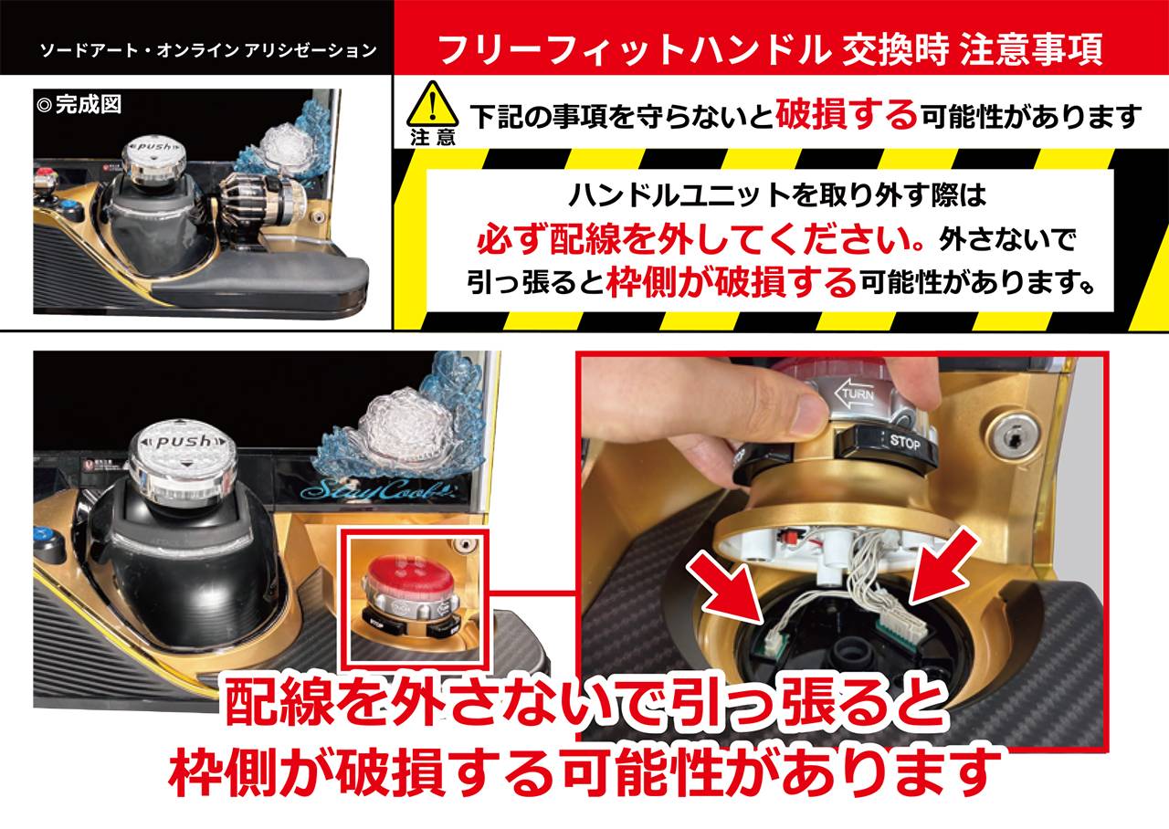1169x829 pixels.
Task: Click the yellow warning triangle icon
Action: click(x=432, y=104)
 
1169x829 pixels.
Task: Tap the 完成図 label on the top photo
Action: click(x=79, y=105)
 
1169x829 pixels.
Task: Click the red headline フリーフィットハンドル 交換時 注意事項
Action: click(x=770, y=49)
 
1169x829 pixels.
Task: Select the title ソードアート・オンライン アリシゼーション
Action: click(x=208, y=50)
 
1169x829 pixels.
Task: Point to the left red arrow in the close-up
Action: click(x=728, y=588)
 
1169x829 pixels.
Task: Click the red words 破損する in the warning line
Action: click(x=846, y=114)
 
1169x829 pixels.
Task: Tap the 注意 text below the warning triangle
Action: click(x=433, y=138)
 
